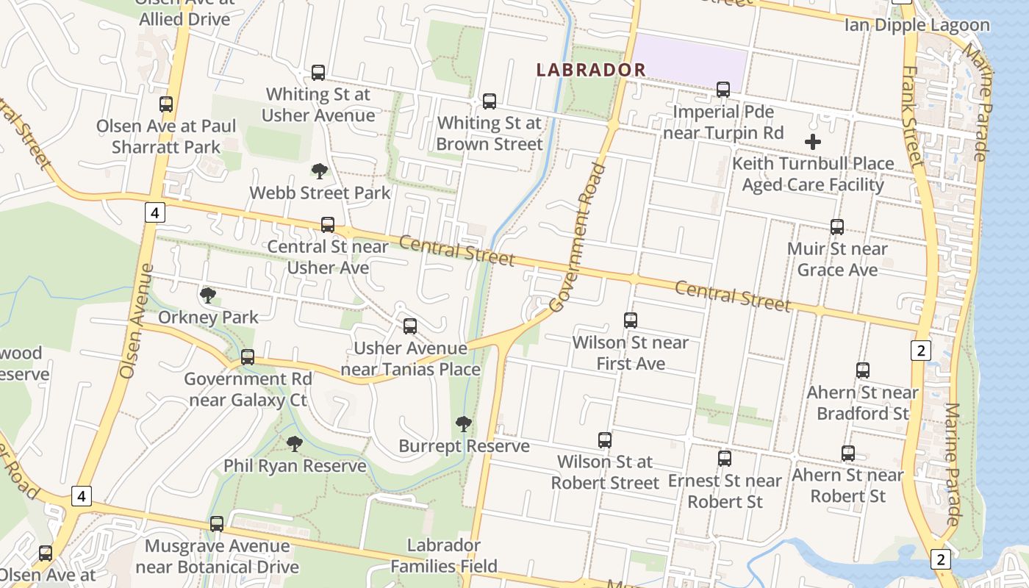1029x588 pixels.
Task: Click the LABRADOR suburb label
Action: pos(591,70)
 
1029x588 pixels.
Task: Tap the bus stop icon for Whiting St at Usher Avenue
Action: pos(318,73)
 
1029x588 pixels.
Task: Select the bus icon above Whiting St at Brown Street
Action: pos(489,101)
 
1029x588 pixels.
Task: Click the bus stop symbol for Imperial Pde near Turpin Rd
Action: pos(723,90)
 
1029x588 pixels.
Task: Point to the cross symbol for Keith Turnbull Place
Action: pos(813,142)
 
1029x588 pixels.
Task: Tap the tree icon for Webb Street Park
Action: pos(319,171)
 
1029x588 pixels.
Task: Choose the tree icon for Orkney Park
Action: pos(208,295)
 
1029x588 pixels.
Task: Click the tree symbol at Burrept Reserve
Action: pos(463,423)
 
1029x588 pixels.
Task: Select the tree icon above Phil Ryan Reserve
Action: pos(295,443)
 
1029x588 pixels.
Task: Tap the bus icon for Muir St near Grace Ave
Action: pos(836,227)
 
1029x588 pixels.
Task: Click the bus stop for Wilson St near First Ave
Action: pos(630,320)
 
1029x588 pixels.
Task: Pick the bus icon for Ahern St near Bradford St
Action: pos(862,370)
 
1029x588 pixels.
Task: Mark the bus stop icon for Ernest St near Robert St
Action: pos(725,459)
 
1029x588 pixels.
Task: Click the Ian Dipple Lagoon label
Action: pos(917,25)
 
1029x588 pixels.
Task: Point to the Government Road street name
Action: pos(579,237)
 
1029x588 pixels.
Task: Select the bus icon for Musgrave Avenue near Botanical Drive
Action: pos(217,524)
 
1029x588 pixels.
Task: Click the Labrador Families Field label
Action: pos(444,556)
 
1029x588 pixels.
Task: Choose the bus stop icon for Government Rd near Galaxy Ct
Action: pos(248,357)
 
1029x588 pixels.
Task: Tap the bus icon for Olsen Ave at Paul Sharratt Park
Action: pos(166,104)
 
